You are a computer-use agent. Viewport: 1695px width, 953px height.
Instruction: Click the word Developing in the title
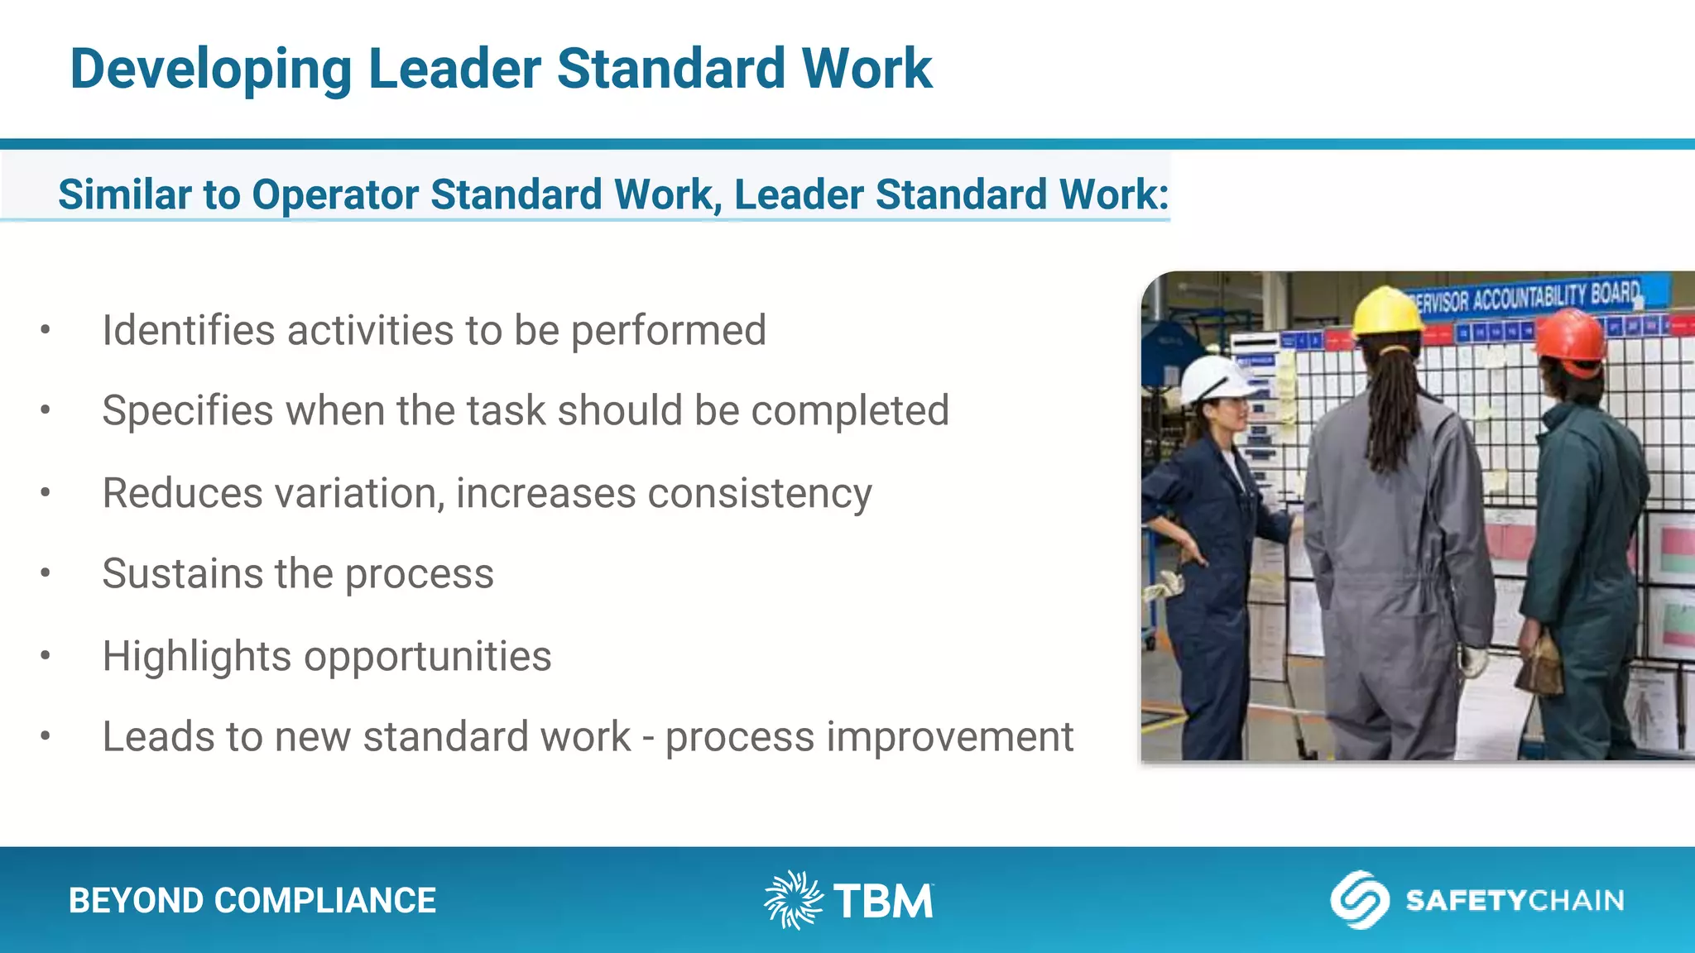211,69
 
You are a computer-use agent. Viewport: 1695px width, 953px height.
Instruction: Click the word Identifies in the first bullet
188,330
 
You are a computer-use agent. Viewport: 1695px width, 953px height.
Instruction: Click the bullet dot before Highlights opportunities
46,656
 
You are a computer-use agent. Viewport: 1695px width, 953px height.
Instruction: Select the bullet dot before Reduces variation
46,493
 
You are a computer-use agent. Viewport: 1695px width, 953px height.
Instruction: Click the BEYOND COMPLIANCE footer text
252,900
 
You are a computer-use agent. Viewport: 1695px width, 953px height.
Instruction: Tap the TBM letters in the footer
883,901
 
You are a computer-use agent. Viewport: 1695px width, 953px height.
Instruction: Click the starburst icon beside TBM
793,899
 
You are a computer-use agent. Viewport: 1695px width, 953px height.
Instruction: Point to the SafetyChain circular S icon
1359,899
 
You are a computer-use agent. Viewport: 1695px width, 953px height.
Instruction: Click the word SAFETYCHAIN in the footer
1515,900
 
